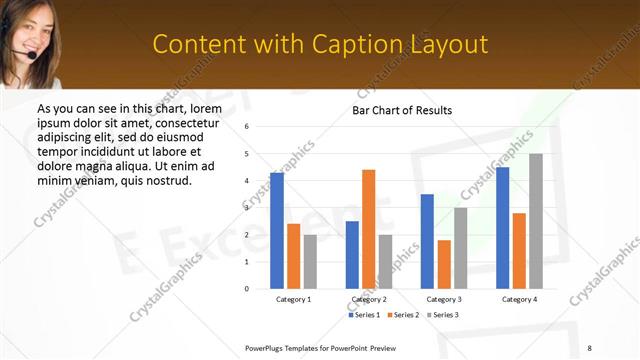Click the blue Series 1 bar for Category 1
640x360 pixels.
(277, 231)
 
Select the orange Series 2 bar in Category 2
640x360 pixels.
(368, 229)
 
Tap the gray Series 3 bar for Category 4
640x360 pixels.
(536, 221)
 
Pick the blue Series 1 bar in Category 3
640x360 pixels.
(427, 241)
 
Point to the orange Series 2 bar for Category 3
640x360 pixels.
(444, 264)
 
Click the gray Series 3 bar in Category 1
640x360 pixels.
(310, 261)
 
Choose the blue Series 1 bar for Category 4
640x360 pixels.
(502, 228)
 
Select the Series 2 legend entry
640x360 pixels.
(403, 315)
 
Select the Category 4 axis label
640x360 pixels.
(519, 299)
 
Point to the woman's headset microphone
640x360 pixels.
(34, 57)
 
